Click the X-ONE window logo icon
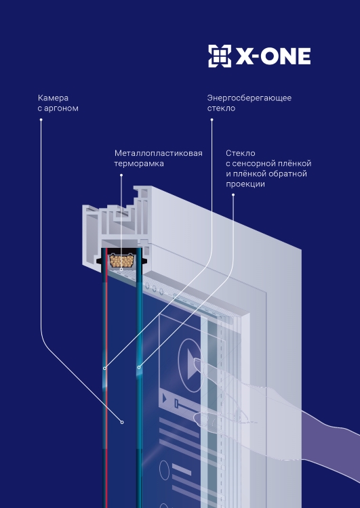coord(220,56)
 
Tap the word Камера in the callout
coord(53,98)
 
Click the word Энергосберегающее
coord(249,98)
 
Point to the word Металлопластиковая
coord(159,153)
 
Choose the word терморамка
coord(139,164)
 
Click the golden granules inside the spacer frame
coord(121,261)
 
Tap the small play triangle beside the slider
coord(165,398)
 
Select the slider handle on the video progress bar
coord(176,404)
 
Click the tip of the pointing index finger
coord(195,360)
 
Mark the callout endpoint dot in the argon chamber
coord(122,422)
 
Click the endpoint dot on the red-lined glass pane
coord(104,368)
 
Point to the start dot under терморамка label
coord(121,175)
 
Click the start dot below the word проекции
coord(233,194)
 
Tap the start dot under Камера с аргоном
coord(41,119)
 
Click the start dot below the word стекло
coord(212,119)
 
